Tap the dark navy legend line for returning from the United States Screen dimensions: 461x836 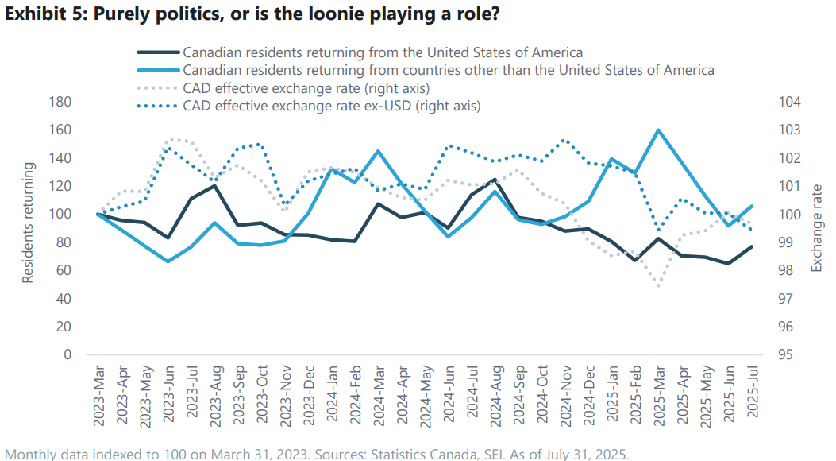[157, 52]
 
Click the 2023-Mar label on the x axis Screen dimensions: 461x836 [98, 392]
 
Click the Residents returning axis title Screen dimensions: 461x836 [28, 223]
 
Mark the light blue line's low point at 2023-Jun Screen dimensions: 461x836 [168, 261]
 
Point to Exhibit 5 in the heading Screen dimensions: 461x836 [40, 14]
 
